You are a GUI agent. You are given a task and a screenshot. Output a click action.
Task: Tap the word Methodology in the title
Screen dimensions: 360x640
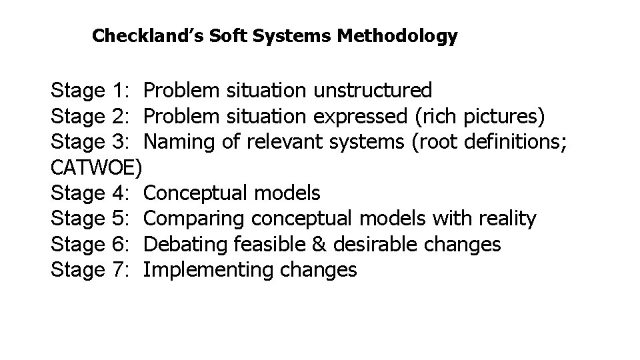pos(397,35)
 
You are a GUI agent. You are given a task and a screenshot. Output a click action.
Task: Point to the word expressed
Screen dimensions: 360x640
pos(360,115)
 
